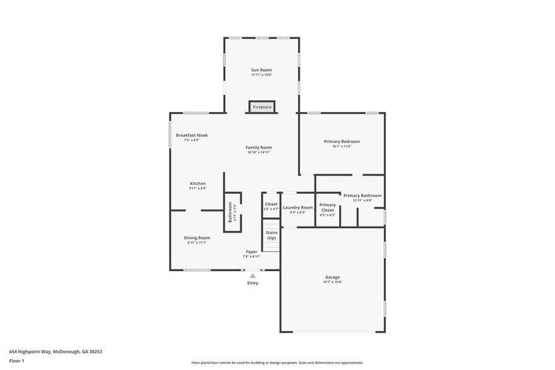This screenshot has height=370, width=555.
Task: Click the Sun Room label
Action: pyautogui.click(x=261, y=70)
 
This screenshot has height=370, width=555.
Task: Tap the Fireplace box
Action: pyautogui.click(x=262, y=108)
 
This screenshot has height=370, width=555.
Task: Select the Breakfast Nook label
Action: pyautogui.click(x=192, y=135)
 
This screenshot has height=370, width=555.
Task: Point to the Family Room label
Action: pyautogui.click(x=259, y=147)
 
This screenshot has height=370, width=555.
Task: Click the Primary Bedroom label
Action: pyautogui.click(x=342, y=142)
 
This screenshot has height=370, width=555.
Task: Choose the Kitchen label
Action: pyautogui.click(x=198, y=183)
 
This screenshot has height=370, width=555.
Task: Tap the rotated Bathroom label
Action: pyautogui.click(x=231, y=212)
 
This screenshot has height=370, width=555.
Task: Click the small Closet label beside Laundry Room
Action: pyautogui.click(x=271, y=204)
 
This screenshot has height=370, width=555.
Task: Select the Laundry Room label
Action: pyautogui.click(x=298, y=208)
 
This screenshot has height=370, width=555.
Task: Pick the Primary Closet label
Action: pyautogui.click(x=328, y=207)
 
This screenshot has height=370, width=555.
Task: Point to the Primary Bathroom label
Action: pyautogui.click(x=362, y=196)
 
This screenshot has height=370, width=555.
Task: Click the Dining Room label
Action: pyautogui.click(x=197, y=238)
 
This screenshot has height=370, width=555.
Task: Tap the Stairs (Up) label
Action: pyautogui.click(x=271, y=235)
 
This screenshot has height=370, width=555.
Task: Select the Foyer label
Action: pyautogui.click(x=251, y=252)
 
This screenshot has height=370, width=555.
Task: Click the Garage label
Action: pyautogui.click(x=332, y=277)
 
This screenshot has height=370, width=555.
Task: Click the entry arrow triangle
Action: pyautogui.click(x=252, y=276)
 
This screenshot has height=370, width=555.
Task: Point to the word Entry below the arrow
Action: pyautogui.click(x=252, y=283)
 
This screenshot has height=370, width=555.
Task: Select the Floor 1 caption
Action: pyautogui.click(x=16, y=361)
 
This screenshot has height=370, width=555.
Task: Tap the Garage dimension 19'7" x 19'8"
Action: pyautogui.click(x=332, y=282)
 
